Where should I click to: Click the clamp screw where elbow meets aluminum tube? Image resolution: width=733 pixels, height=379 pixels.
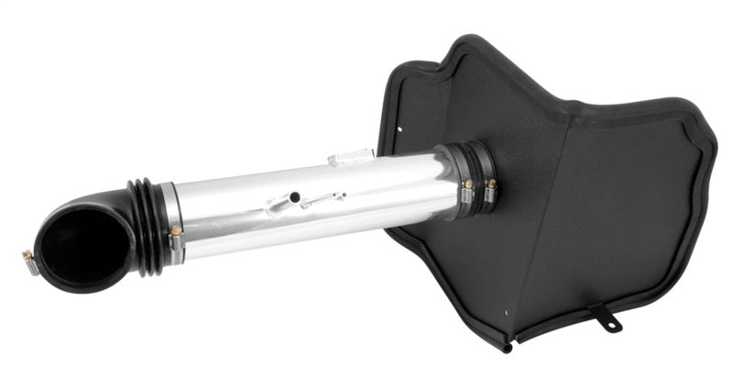tap(174, 230)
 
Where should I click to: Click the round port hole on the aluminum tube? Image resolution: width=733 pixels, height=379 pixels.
tap(295, 195)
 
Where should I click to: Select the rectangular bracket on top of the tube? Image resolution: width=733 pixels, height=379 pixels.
tap(350, 157)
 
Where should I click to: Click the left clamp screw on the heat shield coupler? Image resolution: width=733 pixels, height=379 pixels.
tap(466, 186)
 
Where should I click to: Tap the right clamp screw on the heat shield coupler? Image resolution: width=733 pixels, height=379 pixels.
tap(491, 184)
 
